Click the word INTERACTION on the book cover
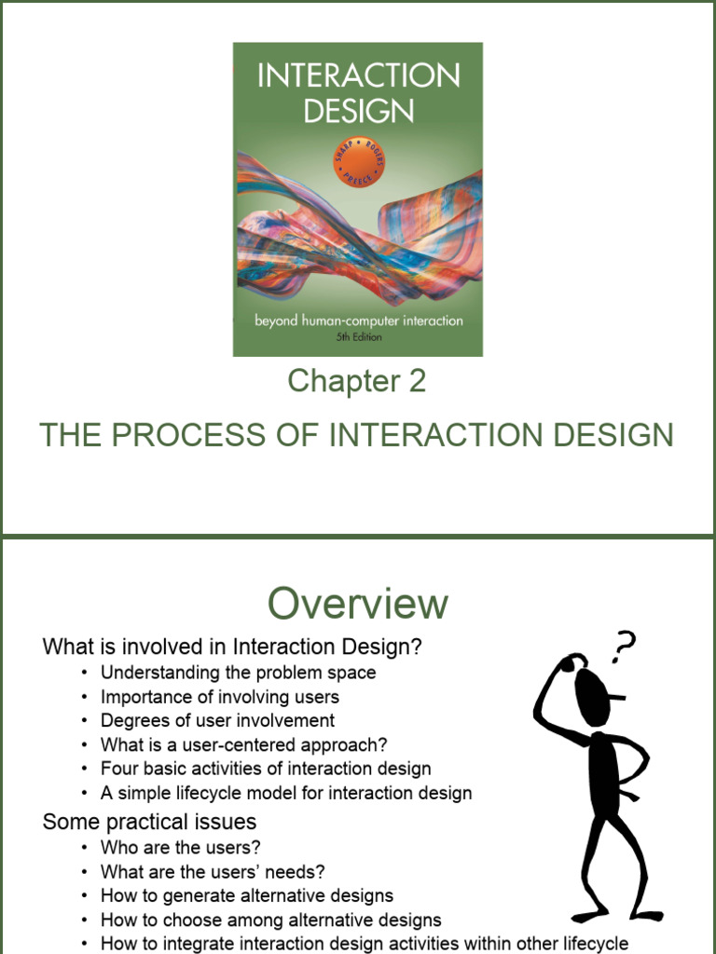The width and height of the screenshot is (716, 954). click(358, 75)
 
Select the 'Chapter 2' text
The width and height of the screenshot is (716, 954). click(357, 380)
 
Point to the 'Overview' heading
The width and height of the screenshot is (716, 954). click(358, 604)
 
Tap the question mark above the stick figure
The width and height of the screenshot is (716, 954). click(623, 645)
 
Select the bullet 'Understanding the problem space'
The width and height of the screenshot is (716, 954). click(238, 672)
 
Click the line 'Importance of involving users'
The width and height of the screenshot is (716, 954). click(219, 696)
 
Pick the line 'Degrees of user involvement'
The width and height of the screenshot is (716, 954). click(217, 720)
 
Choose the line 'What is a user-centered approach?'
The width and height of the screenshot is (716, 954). click(243, 744)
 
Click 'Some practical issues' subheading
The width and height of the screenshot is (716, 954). click(149, 822)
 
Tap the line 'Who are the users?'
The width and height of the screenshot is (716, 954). click(180, 847)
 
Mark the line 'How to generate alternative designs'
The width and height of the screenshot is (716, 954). click(246, 895)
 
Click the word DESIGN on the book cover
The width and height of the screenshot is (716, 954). click(358, 111)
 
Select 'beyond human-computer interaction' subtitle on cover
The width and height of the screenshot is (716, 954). click(359, 321)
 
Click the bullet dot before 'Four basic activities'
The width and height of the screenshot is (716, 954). click(85, 770)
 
